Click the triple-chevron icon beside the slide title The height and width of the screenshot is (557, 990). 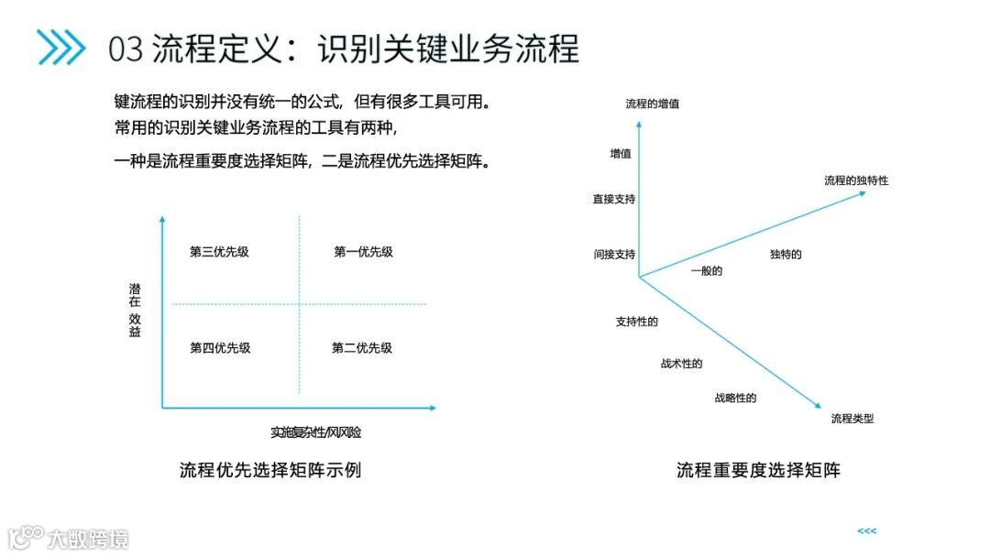[60, 48]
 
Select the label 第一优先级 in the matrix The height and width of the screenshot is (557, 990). [363, 252]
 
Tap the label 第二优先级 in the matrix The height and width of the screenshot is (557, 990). [362, 348]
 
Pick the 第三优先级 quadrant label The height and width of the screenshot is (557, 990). [219, 252]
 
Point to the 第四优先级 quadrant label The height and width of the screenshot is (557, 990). [220, 348]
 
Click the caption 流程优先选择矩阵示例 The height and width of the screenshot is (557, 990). [270, 471]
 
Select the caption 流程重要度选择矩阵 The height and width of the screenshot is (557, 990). [758, 471]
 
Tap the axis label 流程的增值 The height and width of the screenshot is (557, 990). [652, 104]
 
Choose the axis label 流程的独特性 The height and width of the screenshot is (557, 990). [855, 180]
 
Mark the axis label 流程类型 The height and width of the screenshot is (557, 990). [852, 419]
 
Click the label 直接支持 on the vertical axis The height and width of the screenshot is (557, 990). [614, 199]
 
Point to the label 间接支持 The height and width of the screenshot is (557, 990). [614, 255]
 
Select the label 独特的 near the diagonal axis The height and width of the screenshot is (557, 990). [786, 255]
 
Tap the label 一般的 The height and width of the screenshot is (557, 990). [707, 271]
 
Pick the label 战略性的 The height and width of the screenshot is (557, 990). [735, 399]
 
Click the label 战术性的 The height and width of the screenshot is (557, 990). [681, 364]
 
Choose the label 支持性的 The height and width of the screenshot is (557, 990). [636, 322]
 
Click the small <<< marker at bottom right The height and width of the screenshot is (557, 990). [866, 531]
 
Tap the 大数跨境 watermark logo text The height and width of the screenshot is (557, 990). [88, 539]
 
